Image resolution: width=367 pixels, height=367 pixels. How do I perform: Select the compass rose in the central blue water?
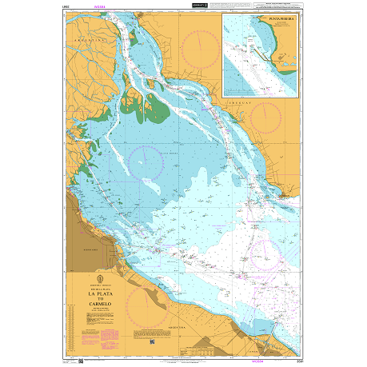coord(146,164)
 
